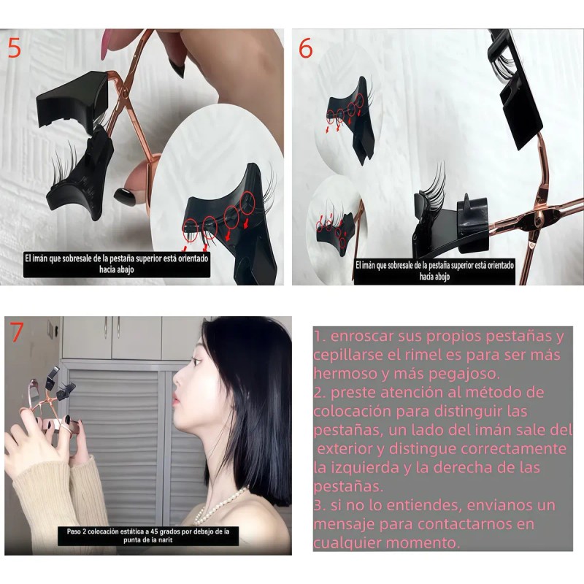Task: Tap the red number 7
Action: pos(16,332)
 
